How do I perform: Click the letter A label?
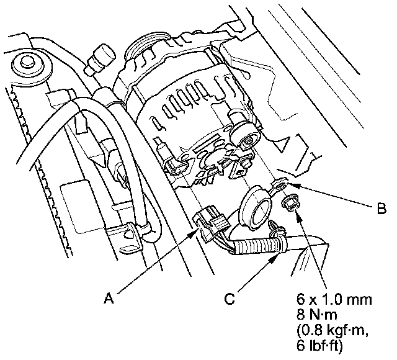click(x=108, y=298)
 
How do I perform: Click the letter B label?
click(x=381, y=209)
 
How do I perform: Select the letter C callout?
click(x=228, y=298)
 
